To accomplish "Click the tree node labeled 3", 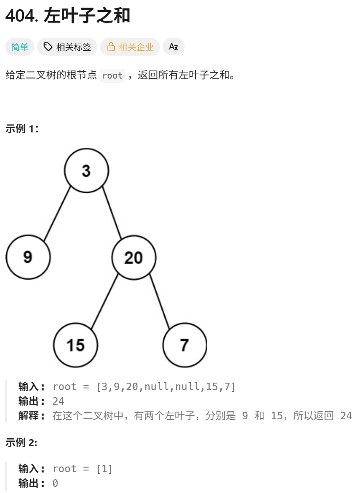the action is [86, 170].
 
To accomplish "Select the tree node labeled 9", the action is [28, 256].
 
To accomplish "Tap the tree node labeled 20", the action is [133, 257].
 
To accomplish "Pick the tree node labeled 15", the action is [76, 345].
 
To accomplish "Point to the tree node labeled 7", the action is [184, 345].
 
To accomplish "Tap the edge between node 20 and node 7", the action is [159, 301].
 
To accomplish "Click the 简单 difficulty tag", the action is [20, 47].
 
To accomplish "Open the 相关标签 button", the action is [67, 47].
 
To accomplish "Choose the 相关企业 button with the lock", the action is [130, 47].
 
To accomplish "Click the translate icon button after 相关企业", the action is [174, 47].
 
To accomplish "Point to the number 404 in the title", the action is [21, 16].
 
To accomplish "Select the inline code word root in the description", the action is [112, 75].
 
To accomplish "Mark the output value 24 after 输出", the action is [58, 401].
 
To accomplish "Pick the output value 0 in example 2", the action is [55, 483].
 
